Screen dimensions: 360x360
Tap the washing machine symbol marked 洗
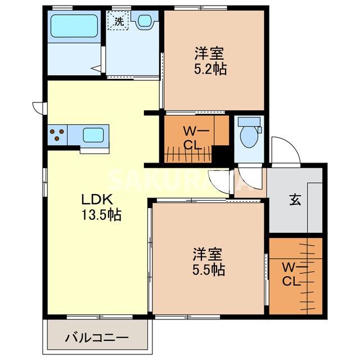click(119, 21)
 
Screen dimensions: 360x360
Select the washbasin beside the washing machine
click(144, 21)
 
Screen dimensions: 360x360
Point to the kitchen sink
click(93, 135)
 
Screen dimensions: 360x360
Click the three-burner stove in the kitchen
click(57, 135)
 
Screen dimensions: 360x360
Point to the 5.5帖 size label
click(209, 269)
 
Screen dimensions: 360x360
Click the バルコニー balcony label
click(97, 339)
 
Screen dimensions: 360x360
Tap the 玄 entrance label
click(294, 200)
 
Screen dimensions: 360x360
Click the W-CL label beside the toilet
click(192, 137)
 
